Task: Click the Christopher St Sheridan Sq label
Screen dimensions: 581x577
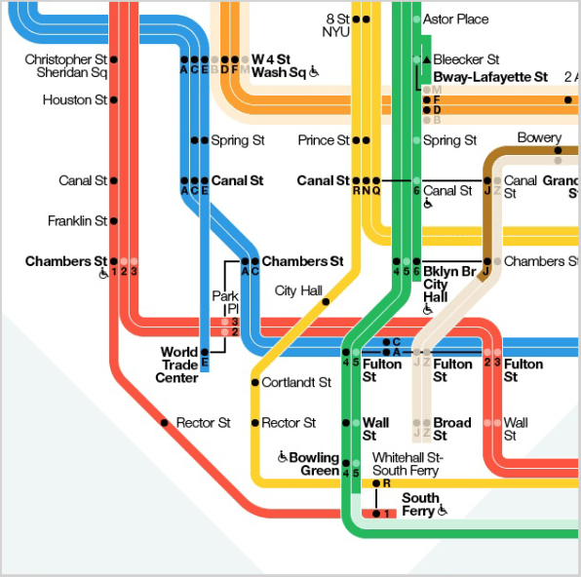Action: click(66, 65)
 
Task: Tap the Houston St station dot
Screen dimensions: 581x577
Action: click(114, 99)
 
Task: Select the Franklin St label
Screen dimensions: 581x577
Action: click(77, 221)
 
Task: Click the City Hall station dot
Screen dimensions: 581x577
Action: click(326, 301)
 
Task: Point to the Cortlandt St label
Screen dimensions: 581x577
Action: click(296, 382)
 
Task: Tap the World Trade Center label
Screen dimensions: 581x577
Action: click(176, 365)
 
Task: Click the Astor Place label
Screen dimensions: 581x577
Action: click(456, 19)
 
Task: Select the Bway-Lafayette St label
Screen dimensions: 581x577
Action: click(490, 77)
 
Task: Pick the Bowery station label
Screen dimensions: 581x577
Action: click(539, 137)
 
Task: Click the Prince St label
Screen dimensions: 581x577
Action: click(324, 140)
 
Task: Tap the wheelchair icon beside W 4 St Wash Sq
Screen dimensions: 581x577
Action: click(314, 71)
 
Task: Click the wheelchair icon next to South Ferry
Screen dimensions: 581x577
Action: click(443, 510)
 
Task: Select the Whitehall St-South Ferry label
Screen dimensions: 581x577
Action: click(407, 464)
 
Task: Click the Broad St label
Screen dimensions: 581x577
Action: click(452, 429)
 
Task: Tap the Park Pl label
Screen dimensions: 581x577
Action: click(225, 302)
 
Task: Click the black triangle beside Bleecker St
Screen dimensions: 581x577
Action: click(427, 58)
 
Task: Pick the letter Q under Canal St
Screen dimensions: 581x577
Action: click(376, 190)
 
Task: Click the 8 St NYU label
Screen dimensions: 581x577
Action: click(336, 25)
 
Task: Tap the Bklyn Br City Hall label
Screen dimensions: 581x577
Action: click(449, 284)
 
